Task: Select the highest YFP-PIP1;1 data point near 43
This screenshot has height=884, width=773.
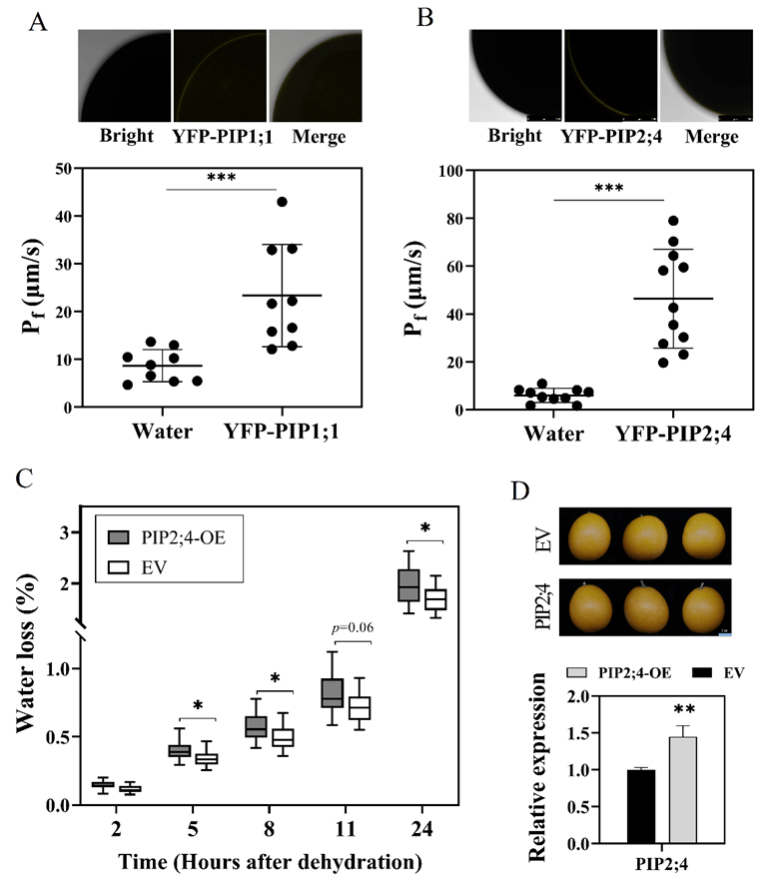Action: point(282,202)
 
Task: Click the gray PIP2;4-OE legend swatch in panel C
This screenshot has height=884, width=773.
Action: point(123,527)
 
